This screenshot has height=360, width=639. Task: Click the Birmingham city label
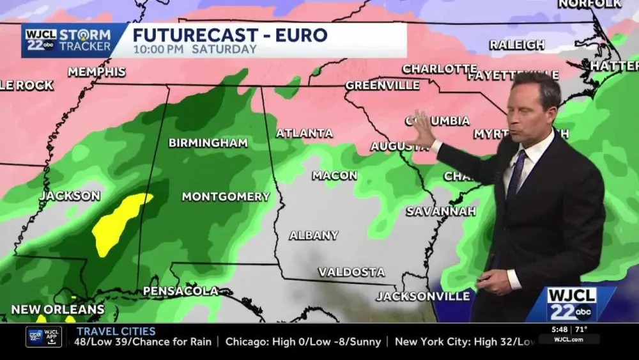(208, 143)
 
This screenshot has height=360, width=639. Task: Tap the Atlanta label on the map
(304, 133)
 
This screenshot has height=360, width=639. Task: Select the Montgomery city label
(226, 197)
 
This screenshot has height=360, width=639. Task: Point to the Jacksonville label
(423, 296)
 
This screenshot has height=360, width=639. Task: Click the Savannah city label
(441, 211)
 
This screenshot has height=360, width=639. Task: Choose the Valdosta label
(351, 272)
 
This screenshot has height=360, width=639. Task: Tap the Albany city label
(314, 235)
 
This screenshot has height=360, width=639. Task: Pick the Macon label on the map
(334, 175)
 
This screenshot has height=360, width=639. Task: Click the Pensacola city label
(180, 291)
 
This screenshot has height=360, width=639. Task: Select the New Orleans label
(58, 309)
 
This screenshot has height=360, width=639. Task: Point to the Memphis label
(96, 72)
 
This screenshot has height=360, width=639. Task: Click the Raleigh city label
(517, 45)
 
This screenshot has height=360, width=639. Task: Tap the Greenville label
(382, 85)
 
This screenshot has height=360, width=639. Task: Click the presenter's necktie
(515, 175)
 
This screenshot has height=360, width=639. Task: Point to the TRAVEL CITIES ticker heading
(116, 331)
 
